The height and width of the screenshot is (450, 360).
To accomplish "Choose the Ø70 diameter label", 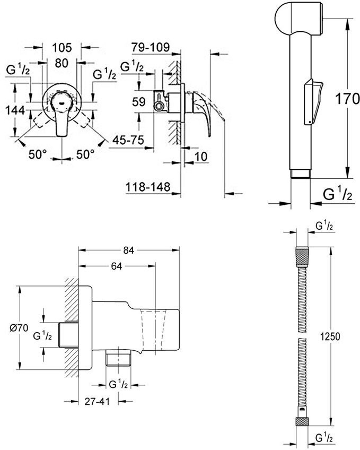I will pos(19,327).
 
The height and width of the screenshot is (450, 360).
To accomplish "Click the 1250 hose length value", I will pos(329,336).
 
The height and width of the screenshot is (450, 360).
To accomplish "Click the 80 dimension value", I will pos(62,63).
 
